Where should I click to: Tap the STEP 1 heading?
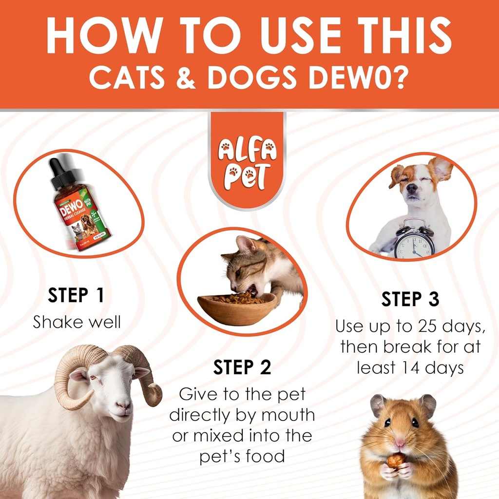click(x=76, y=295)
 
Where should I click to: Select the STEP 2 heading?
click(x=242, y=367)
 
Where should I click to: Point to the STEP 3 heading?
click(x=410, y=299)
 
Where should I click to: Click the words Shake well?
click(x=77, y=322)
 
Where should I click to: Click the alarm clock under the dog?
click(x=414, y=240)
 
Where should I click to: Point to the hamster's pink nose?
click(x=401, y=442)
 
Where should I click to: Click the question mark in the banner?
click(x=398, y=78)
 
